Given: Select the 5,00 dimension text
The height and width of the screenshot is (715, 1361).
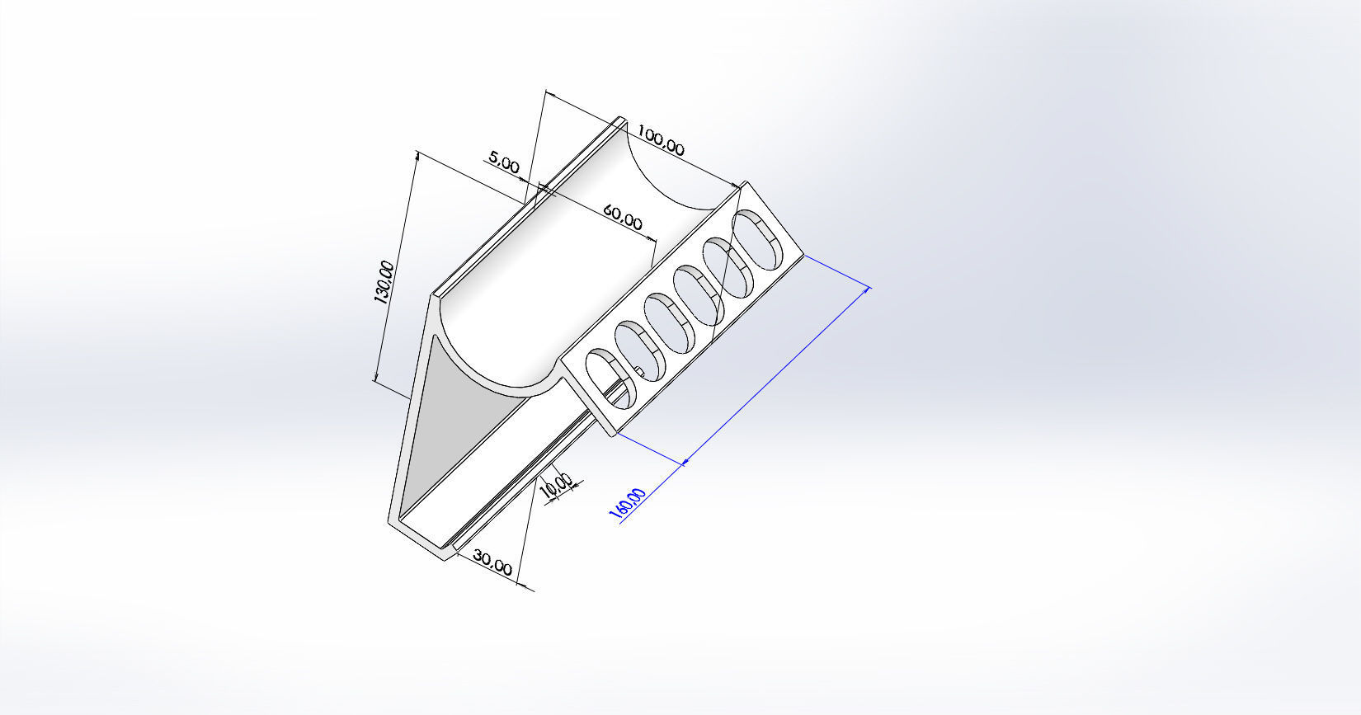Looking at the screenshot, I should pos(503,161).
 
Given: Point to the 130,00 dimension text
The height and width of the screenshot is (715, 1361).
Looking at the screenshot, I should pos(384,282).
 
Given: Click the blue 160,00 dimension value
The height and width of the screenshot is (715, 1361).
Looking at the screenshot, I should pos(628,504).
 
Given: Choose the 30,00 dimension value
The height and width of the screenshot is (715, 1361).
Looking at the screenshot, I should pos(493,563).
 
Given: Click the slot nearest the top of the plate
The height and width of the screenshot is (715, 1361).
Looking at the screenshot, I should pos(756,238).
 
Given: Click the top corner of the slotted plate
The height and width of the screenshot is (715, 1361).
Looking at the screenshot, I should pos(745,184).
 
